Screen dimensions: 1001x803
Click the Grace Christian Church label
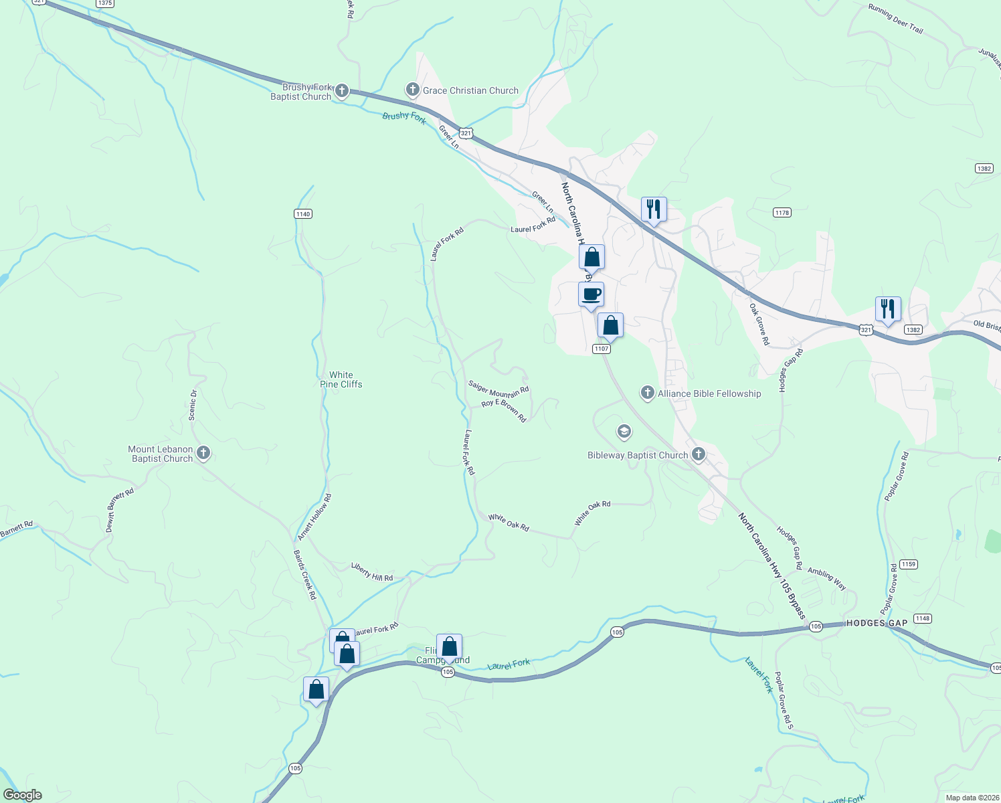point(470,90)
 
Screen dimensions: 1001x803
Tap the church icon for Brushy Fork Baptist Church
point(342,91)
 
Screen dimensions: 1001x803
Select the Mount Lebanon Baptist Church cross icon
point(204,454)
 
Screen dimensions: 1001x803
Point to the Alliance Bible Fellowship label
point(709,393)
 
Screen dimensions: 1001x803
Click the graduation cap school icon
point(624,432)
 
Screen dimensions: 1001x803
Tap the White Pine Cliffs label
point(341,379)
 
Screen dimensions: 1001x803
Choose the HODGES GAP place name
point(877,623)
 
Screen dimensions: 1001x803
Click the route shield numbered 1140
point(302,213)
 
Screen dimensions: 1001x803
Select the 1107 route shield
point(601,349)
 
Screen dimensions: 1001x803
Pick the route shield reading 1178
point(782,213)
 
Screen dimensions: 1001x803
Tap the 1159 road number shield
point(908,564)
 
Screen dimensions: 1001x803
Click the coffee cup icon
point(591,294)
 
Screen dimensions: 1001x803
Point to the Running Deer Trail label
point(895,19)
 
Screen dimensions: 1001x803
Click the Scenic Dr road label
point(193,405)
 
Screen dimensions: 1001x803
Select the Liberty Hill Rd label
point(372,571)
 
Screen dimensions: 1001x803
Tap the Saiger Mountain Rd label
point(498,388)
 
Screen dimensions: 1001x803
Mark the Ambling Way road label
point(827,579)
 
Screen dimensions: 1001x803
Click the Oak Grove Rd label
point(759,324)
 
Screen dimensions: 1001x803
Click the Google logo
point(23,795)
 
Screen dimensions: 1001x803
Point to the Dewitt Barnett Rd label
point(120,510)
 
